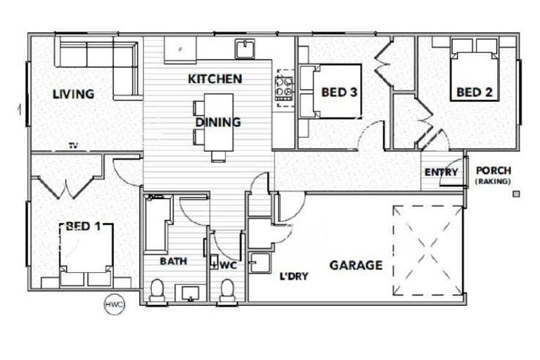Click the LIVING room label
point(73,94)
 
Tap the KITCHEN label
point(214,79)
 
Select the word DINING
point(218,122)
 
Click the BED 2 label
point(474,92)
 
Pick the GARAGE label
point(356,266)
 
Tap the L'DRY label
point(295,276)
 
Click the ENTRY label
point(441,173)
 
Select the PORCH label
point(494,171)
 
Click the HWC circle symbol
point(114,304)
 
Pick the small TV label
point(72,146)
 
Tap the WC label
point(228,266)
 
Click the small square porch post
point(517,193)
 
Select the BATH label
point(173,262)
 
